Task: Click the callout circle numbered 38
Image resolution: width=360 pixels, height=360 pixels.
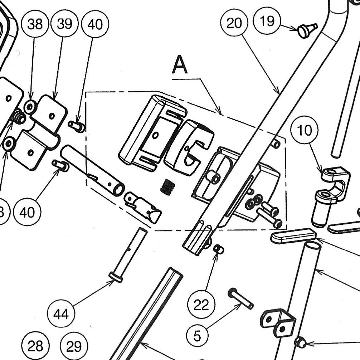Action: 35,24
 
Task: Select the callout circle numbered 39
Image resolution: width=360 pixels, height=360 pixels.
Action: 64,24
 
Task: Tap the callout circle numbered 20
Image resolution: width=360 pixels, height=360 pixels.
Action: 234,23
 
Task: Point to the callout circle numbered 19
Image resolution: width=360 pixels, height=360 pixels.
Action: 267,21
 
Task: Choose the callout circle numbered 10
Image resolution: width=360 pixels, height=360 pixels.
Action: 305,131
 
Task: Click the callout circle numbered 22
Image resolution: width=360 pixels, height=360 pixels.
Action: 201,305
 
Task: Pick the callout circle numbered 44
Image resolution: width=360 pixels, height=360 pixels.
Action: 61,314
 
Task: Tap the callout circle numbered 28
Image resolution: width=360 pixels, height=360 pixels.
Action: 35,346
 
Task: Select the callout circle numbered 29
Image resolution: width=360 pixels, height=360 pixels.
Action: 74,346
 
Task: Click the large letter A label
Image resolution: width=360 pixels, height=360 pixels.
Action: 180,65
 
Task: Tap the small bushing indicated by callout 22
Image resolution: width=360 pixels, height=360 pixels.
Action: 219,249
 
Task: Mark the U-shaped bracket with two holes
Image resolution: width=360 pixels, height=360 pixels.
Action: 278,322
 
